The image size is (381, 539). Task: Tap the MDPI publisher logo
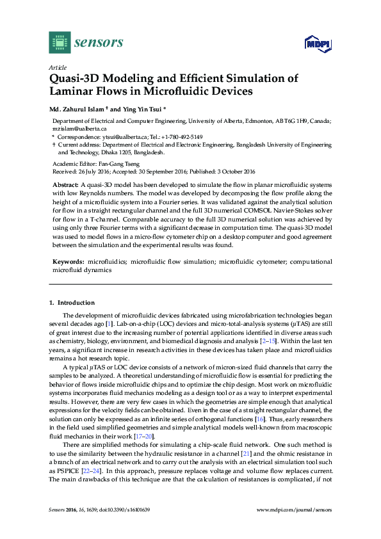(316, 44)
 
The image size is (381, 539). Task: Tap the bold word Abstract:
(67, 184)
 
